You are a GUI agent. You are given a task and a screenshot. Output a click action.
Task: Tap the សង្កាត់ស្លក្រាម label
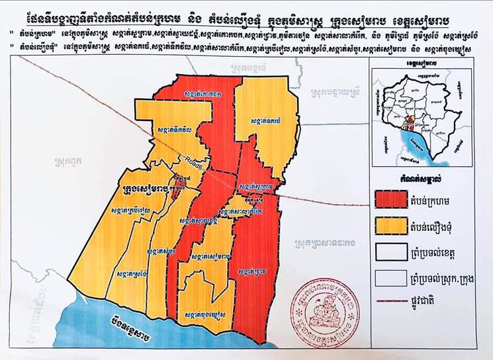pos(254,187)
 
